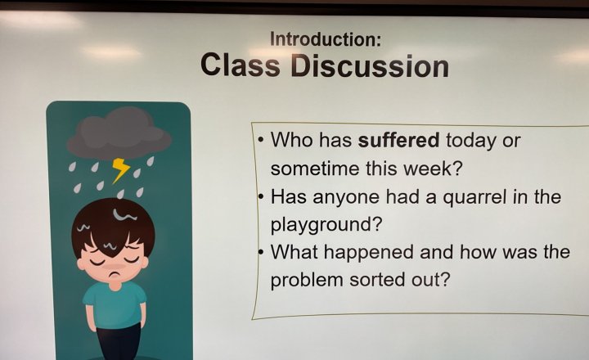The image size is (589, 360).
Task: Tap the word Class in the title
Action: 241,65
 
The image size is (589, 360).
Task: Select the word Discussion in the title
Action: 370,65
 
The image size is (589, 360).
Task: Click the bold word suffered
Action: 398,140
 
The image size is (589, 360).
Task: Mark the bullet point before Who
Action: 261,141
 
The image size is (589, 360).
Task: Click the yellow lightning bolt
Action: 120,170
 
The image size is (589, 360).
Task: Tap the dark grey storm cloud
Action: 119,133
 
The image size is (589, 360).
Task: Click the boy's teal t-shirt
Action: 115,305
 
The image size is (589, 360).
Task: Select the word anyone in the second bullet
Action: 346,198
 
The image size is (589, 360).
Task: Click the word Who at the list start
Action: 291,140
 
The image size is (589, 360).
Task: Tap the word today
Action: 470,141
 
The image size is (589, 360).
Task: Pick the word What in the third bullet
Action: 294,252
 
